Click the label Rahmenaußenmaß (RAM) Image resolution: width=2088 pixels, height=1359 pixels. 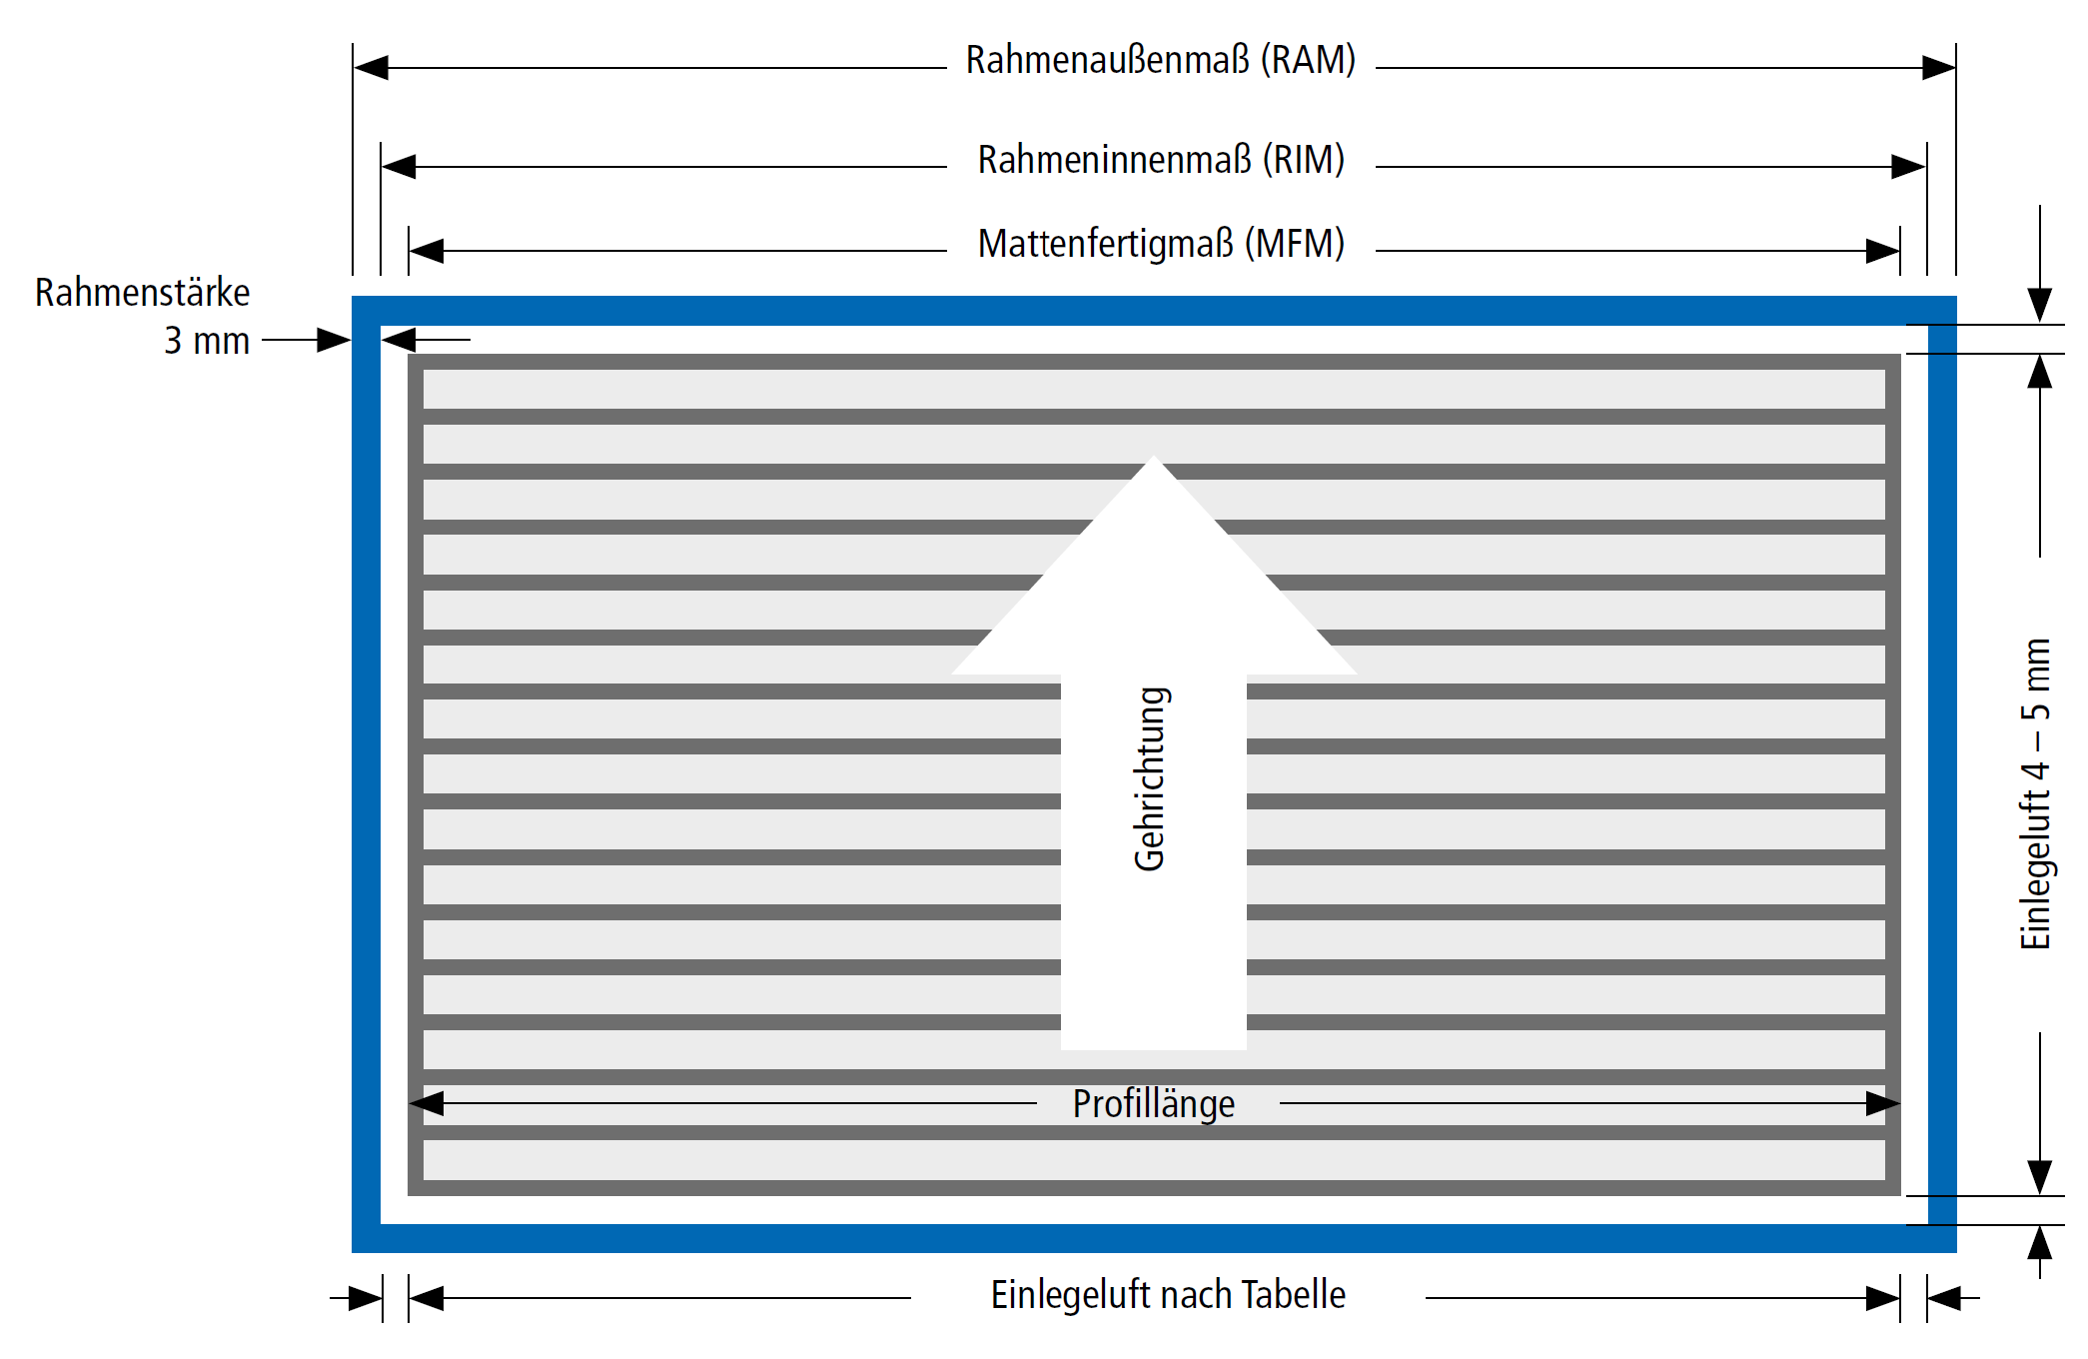point(1160,60)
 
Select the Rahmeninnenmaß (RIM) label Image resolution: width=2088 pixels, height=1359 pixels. point(1161,160)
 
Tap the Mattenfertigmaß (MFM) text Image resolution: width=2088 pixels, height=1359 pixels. point(1161,244)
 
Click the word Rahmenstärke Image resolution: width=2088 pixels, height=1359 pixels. point(142,293)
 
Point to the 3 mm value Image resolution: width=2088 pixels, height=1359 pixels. point(207,341)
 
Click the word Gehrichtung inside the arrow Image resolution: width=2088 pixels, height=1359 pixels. point(1151,778)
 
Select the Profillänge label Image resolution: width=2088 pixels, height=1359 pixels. point(1154,1104)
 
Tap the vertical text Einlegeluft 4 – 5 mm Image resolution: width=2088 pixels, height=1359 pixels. point(2035,793)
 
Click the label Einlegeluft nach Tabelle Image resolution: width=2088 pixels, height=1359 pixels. point(1168,1295)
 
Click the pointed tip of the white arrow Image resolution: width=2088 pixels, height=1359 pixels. point(1154,457)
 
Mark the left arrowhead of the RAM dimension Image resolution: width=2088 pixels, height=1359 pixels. point(371,68)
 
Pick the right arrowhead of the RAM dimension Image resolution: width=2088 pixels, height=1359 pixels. point(1939,68)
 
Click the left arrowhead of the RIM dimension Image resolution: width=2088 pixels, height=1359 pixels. point(399,167)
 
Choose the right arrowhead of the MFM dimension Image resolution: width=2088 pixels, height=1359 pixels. point(1883,251)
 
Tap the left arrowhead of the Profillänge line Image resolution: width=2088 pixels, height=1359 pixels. point(427,1103)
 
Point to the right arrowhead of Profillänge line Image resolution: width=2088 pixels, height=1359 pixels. point(1883,1103)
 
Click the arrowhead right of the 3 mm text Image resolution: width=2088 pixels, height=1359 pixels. point(334,340)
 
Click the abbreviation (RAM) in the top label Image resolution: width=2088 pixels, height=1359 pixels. point(1308,60)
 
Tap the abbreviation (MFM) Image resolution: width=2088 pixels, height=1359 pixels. point(1295,244)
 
